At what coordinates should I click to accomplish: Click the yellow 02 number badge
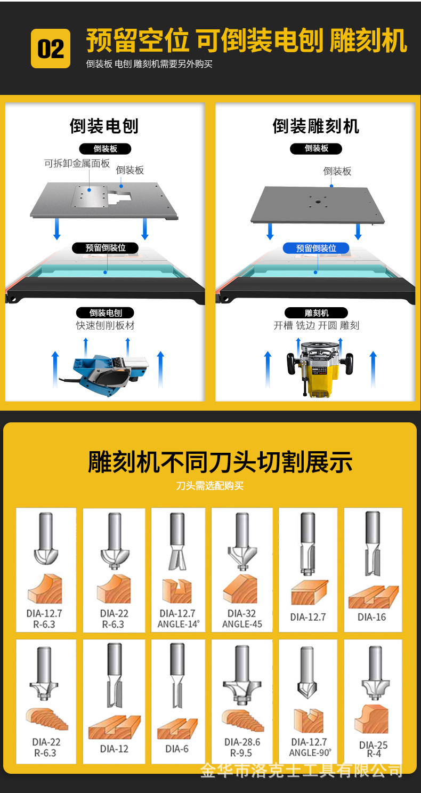(x=51, y=49)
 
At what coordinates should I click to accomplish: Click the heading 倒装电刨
(x=104, y=126)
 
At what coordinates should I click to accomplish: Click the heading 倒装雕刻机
(x=316, y=126)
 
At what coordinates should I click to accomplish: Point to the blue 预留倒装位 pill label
(x=316, y=248)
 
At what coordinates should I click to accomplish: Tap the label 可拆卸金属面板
(x=77, y=164)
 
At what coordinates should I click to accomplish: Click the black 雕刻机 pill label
(x=316, y=313)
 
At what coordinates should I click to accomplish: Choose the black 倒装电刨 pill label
(x=105, y=313)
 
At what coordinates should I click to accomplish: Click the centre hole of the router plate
(x=315, y=202)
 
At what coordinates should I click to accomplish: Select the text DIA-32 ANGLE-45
(x=242, y=619)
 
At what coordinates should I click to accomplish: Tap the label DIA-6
(x=177, y=749)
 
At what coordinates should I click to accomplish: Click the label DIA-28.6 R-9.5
(x=242, y=747)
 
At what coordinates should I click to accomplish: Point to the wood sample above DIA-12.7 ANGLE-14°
(x=177, y=591)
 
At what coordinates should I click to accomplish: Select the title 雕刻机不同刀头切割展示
(x=220, y=462)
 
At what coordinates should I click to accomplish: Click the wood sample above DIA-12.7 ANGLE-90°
(x=308, y=720)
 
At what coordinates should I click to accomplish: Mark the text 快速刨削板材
(x=105, y=326)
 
